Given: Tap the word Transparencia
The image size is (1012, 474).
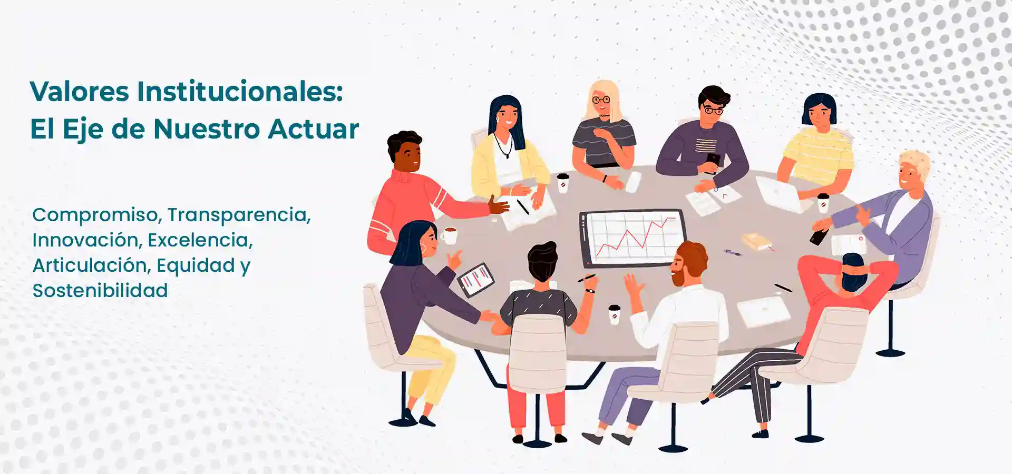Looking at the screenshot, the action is (239, 215).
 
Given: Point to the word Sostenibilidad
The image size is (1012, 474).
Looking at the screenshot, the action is (100, 291).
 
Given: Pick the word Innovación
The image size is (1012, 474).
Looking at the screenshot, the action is (87, 240).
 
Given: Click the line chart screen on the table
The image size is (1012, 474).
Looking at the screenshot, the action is (633, 238).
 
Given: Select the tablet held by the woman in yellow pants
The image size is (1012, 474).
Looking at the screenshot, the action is (475, 280).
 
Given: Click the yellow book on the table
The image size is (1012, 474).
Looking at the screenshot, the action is (756, 241).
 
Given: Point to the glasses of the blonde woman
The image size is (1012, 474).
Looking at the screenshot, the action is (601, 100).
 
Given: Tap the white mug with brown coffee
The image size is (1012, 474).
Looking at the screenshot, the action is (449, 235).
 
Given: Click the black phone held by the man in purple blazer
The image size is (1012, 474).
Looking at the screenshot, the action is (820, 236).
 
